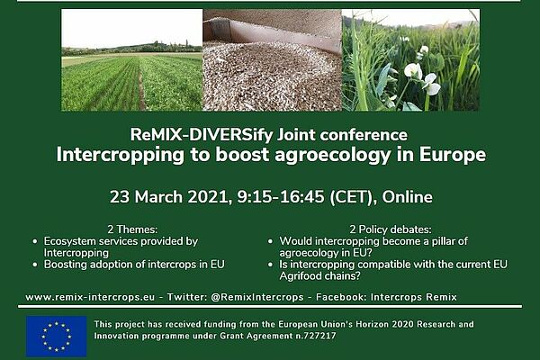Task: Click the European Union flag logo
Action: click(x=56, y=337)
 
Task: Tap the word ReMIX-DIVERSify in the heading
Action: click(x=201, y=135)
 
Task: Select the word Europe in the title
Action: click(x=452, y=154)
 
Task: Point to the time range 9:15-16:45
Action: click(x=281, y=197)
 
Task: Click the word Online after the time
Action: click(x=407, y=197)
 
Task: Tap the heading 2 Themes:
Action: click(x=132, y=229)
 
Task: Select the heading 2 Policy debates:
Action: click(x=391, y=229)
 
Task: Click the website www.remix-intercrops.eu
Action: click(x=90, y=297)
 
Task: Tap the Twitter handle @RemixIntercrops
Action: click(x=256, y=297)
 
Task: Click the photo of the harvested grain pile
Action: click(x=272, y=60)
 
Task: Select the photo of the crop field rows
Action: click(x=132, y=60)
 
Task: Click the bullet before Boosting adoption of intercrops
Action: click(x=35, y=265)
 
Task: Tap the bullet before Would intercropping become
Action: click(x=270, y=241)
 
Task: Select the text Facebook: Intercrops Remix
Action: click(x=386, y=297)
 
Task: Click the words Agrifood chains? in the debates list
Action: click(x=319, y=276)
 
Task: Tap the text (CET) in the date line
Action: click(x=351, y=197)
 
